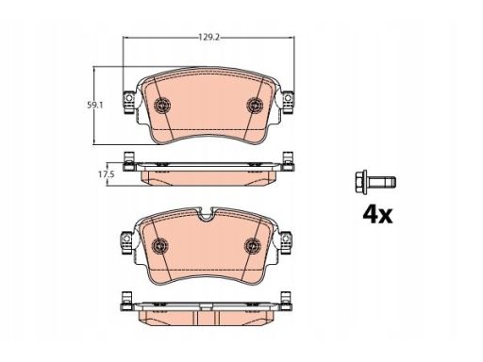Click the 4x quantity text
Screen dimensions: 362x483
pyautogui.click(x=376, y=214)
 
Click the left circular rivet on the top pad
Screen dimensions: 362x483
pyautogui.click(x=161, y=106)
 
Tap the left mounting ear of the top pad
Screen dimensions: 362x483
pyautogui.click(x=124, y=100)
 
